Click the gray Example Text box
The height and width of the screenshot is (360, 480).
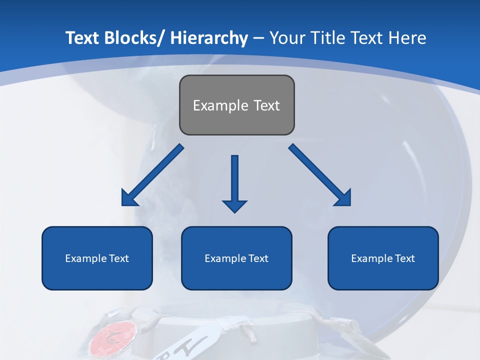click(x=236, y=105)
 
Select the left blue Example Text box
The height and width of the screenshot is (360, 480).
click(x=97, y=258)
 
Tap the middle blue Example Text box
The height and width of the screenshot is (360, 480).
click(x=236, y=258)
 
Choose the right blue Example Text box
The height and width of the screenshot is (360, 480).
click(x=383, y=258)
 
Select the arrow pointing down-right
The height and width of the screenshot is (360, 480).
click(x=320, y=175)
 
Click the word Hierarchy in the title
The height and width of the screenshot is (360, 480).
click(x=209, y=38)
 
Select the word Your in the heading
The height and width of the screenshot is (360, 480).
click(x=287, y=38)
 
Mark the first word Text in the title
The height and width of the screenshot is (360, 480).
click(x=83, y=38)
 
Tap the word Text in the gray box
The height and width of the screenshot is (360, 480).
click(x=266, y=105)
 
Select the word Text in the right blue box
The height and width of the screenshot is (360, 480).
click(x=404, y=258)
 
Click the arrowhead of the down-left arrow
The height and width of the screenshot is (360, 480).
click(x=129, y=199)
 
